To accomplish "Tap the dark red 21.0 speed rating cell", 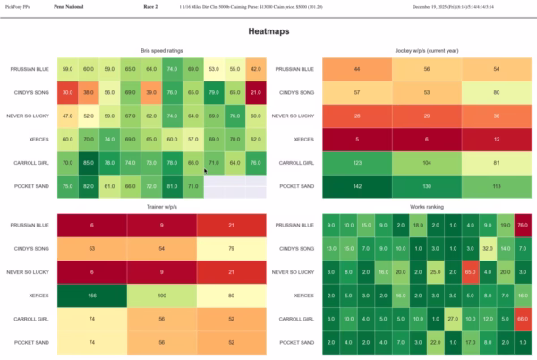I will pyautogui.click(x=255, y=92).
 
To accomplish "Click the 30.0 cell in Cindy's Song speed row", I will pyautogui.click(x=68, y=92).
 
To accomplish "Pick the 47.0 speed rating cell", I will pyautogui.click(x=68, y=116).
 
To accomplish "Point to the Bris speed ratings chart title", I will pyautogui.click(x=162, y=50).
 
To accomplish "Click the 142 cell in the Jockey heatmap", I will pyautogui.click(x=356, y=185).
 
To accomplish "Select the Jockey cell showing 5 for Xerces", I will pyautogui.click(x=356, y=139).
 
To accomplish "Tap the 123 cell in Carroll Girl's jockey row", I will pyautogui.click(x=356, y=162).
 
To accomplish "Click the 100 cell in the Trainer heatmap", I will pyautogui.click(x=162, y=295).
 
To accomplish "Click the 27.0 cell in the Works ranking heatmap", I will pyautogui.click(x=454, y=318).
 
